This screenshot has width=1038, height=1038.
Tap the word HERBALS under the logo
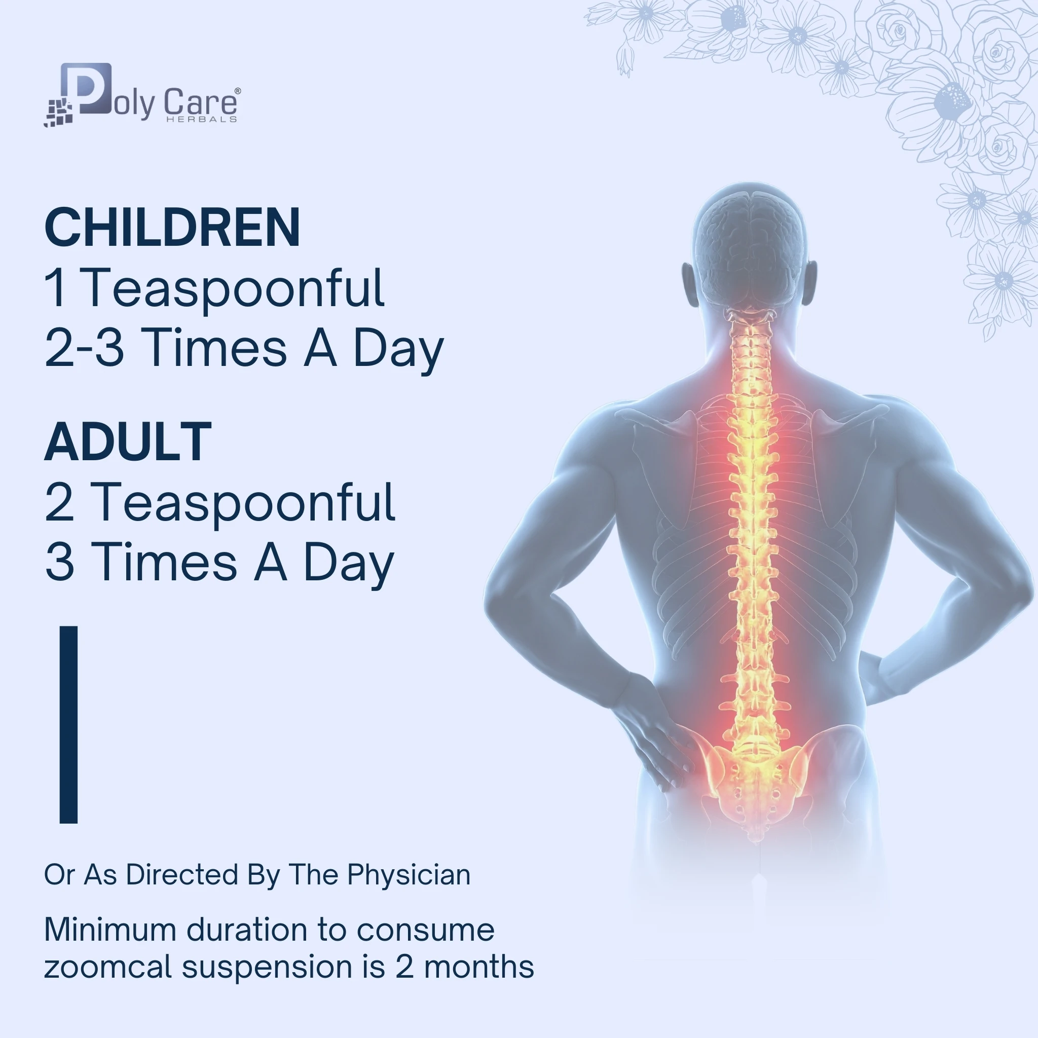click(x=202, y=119)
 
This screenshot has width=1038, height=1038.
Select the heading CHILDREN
click(x=172, y=227)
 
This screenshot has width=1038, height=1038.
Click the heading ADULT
click(x=128, y=441)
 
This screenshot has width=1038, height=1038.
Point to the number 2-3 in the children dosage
click(x=84, y=348)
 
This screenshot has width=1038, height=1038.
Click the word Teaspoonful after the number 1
click(x=234, y=288)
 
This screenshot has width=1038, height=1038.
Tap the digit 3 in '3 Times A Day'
click(x=60, y=562)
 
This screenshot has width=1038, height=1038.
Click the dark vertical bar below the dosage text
click(x=69, y=724)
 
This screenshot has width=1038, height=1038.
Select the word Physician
click(x=409, y=875)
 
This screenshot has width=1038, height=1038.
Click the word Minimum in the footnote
click(x=110, y=930)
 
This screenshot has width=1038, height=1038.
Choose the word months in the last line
click(x=478, y=967)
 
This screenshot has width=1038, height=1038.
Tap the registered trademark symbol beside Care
click(x=238, y=91)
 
